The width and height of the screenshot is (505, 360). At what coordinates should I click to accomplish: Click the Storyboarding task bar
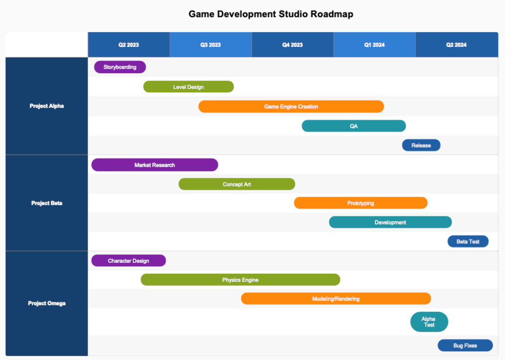pyautogui.click(x=120, y=67)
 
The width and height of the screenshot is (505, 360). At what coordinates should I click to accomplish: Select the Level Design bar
pyautogui.click(x=188, y=87)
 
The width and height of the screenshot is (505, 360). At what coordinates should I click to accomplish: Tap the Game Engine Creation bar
pyautogui.click(x=291, y=106)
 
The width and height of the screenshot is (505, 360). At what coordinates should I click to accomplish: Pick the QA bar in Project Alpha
pyautogui.click(x=353, y=126)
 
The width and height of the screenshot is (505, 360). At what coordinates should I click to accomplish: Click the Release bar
pyautogui.click(x=421, y=145)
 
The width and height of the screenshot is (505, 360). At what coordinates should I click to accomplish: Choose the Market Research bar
pyautogui.click(x=154, y=165)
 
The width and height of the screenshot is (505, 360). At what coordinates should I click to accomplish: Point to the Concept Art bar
pyautogui.click(x=237, y=184)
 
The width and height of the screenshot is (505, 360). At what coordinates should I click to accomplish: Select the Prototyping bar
pyautogui.click(x=360, y=203)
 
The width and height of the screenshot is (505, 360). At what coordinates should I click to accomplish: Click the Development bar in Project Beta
pyautogui.click(x=390, y=222)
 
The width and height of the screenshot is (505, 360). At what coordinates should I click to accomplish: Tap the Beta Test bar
pyautogui.click(x=468, y=241)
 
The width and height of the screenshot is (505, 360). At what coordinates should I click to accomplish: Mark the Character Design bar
pyautogui.click(x=129, y=261)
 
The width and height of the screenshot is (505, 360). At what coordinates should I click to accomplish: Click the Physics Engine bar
pyautogui.click(x=240, y=280)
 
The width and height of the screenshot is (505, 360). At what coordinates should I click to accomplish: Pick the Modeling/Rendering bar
pyautogui.click(x=336, y=298)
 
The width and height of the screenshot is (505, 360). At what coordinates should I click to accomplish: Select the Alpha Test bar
pyautogui.click(x=429, y=322)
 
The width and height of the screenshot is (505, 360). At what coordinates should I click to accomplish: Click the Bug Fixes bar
pyautogui.click(x=465, y=345)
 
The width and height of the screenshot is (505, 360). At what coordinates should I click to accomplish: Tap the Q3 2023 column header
pyautogui.click(x=210, y=45)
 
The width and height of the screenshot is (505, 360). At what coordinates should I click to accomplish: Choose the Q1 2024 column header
pyautogui.click(x=374, y=45)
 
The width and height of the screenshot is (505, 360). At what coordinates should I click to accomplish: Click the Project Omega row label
pyautogui.click(x=46, y=303)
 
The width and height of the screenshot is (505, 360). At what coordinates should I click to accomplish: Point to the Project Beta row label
pyautogui.click(x=46, y=203)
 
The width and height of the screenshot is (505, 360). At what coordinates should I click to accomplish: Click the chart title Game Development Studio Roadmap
pyautogui.click(x=271, y=14)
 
